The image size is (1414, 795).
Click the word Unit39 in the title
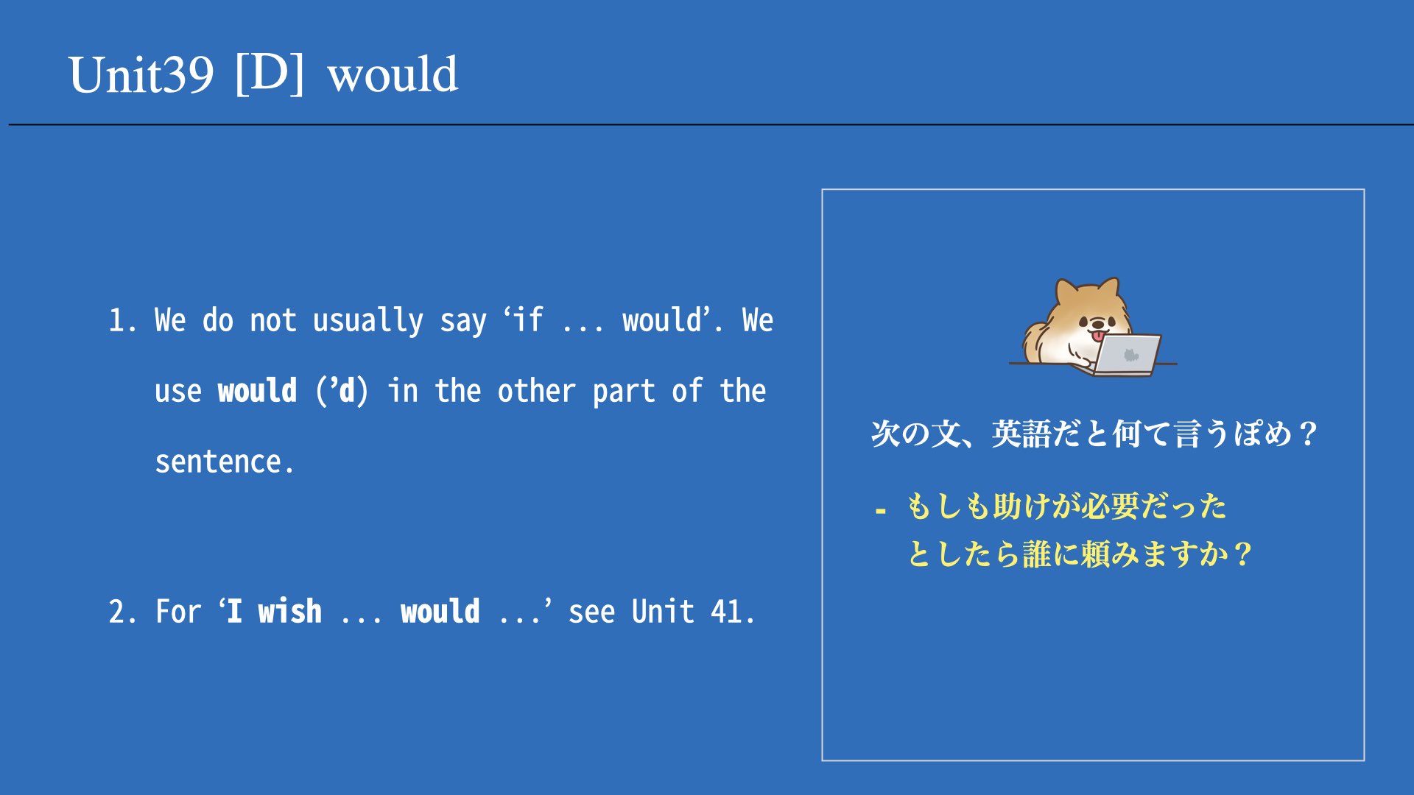[141, 74]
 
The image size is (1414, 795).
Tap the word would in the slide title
[393, 74]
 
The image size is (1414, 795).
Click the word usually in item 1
[368, 321]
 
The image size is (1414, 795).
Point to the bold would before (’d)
[258, 390]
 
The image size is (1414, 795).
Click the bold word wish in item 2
[289, 611]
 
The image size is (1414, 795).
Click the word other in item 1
[536, 390]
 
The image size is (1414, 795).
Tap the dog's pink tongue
[1098, 336]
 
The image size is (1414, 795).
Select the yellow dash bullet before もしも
[881, 510]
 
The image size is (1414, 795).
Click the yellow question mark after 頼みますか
[1242, 554]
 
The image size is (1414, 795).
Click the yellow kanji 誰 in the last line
[1036, 554]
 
